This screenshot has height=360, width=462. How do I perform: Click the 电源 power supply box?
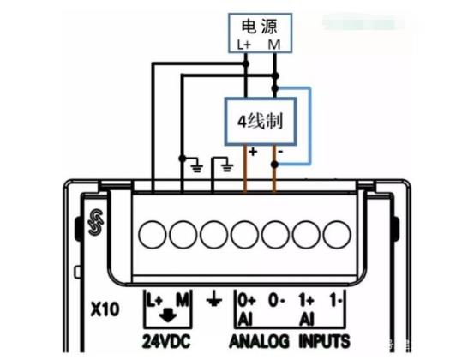(x=261, y=33)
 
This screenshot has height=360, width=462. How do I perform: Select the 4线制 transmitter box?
(x=261, y=121)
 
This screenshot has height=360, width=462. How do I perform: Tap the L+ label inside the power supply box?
(x=244, y=45)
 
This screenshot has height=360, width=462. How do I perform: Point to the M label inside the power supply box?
(x=274, y=45)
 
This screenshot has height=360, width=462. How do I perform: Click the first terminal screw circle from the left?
(x=153, y=235)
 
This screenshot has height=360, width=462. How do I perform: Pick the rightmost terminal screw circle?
(x=337, y=235)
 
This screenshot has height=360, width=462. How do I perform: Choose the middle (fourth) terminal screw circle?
(x=244, y=235)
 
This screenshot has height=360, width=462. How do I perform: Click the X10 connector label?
(x=105, y=309)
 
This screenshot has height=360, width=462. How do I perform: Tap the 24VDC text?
(x=166, y=342)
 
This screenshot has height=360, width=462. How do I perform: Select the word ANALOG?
(x=259, y=342)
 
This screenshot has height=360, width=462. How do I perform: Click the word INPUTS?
(x=324, y=342)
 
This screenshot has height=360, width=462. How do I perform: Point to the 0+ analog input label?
(x=247, y=301)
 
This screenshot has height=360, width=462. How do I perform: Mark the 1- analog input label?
(x=336, y=301)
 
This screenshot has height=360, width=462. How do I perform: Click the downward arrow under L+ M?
(x=168, y=315)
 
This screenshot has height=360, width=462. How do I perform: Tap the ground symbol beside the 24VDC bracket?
(x=214, y=301)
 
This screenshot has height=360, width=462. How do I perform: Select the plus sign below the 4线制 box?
(x=253, y=152)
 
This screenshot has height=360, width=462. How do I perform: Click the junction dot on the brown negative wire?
(x=274, y=165)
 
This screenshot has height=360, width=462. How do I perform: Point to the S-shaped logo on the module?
(x=96, y=222)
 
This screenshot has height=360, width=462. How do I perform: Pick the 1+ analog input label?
(x=306, y=301)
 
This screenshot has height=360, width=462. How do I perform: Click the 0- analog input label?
(x=276, y=301)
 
